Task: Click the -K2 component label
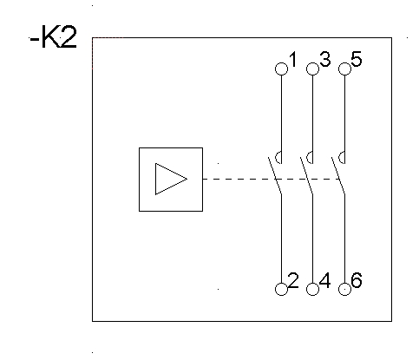point(54,36)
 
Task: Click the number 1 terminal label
point(293,59)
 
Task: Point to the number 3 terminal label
point(325,59)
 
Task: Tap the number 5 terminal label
point(357,59)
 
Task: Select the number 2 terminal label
point(293,280)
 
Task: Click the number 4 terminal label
point(325,280)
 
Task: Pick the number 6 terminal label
point(357,280)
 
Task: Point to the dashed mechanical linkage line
point(272,179)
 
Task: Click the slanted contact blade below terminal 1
point(275,175)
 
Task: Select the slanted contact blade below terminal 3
point(306,175)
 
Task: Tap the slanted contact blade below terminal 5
point(338,175)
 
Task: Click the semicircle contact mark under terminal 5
point(339,158)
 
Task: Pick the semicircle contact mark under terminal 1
point(276,158)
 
